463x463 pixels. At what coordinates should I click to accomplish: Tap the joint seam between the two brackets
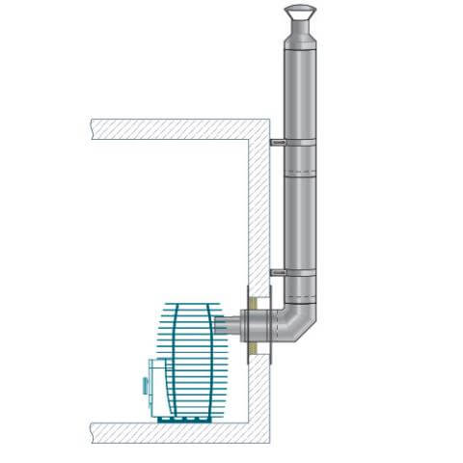[300, 179]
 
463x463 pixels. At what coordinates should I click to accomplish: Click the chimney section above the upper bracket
[300, 92]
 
